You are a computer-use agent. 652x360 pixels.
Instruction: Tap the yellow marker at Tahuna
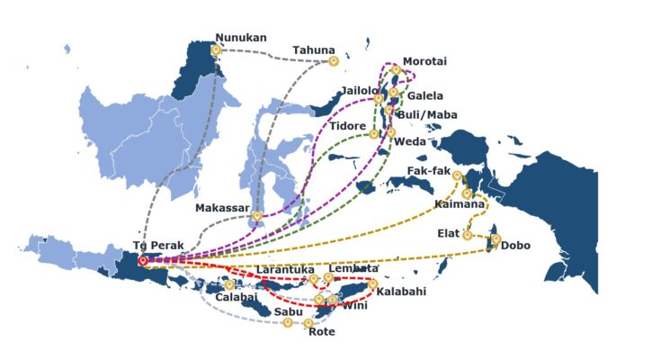click(x=334, y=61)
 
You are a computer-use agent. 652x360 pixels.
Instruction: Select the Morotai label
click(x=424, y=60)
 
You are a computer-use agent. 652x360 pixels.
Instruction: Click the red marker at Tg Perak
click(x=142, y=260)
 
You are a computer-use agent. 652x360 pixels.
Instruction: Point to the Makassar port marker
click(x=258, y=216)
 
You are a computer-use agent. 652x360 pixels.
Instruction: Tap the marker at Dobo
click(x=496, y=239)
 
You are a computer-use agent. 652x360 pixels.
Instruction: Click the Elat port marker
click(x=467, y=235)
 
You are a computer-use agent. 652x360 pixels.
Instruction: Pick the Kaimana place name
click(x=460, y=205)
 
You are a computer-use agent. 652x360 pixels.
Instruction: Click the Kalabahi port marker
click(x=372, y=284)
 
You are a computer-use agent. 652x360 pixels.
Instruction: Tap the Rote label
click(x=321, y=332)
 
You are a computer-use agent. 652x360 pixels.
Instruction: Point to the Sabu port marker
click(x=288, y=322)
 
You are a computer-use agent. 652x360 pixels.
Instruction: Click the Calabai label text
click(x=237, y=296)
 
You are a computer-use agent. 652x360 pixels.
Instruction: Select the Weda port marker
click(x=390, y=132)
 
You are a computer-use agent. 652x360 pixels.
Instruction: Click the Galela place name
click(x=424, y=96)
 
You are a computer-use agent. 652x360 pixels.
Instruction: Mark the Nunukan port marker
click(x=216, y=50)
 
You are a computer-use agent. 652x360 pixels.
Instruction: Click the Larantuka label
click(x=285, y=269)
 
